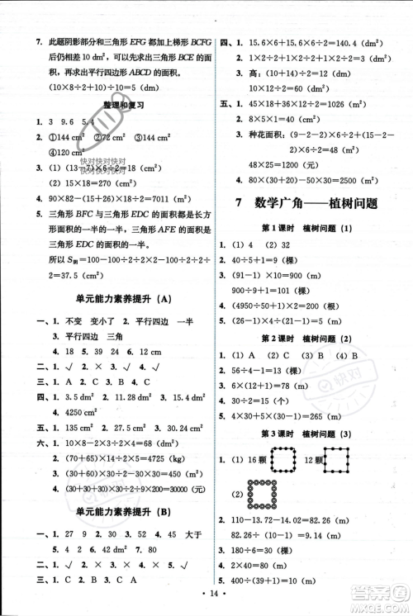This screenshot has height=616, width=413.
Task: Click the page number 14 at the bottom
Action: click(207, 604)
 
